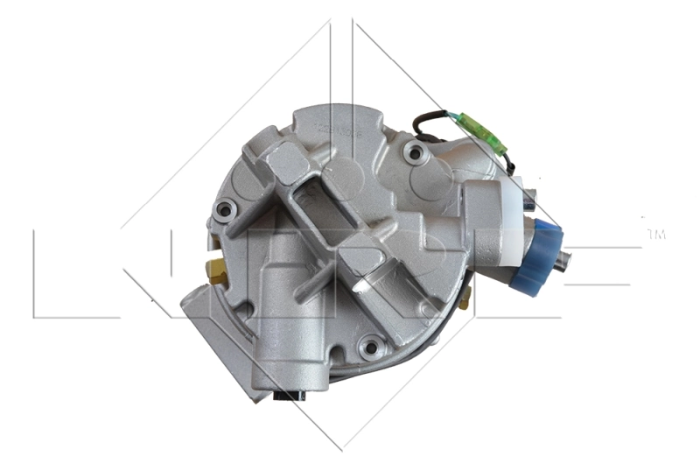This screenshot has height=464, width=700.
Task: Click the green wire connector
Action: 483,135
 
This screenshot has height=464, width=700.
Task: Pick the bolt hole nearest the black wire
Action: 415,153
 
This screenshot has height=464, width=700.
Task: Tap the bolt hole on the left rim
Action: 225,209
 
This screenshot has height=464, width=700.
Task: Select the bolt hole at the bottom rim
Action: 371,348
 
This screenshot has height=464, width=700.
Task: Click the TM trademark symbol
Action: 655,234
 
